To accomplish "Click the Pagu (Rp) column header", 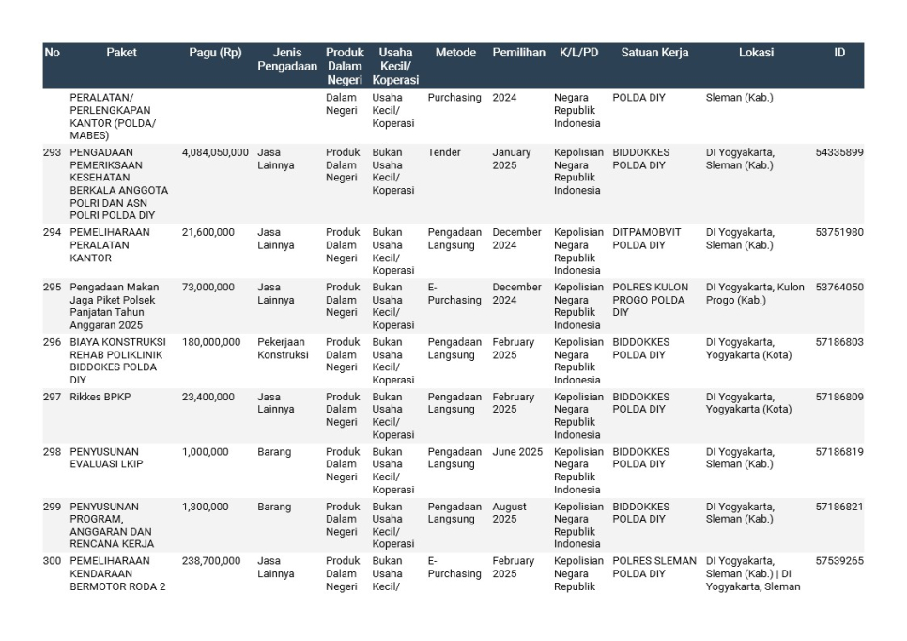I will (x=215, y=53).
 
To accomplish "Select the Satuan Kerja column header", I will (x=654, y=53).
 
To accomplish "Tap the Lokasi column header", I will (x=756, y=53).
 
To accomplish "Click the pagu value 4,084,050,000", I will (x=215, y=152).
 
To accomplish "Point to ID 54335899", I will (x=839, y=152).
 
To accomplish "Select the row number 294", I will (x=53, y=232).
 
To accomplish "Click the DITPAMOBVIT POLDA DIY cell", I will (x=647, y=239).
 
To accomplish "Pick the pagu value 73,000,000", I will (x=208, y=288).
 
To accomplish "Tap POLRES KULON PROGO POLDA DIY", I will (x=651, y=300).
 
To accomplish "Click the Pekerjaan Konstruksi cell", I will (x=283, y=349).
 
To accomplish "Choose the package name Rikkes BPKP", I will (x=100, y=398).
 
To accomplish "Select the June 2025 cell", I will (x=517, y=452).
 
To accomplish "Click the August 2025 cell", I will (x=510, y=513).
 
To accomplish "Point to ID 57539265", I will (x=839, y=561).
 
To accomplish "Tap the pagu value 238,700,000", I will (x=211, y=561).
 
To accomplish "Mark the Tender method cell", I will (x=444, y=152).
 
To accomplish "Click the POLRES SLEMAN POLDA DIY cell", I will (x=654, y=568).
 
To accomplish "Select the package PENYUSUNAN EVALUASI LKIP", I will (x=107, y=458).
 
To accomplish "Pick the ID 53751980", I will (x=839, y=232).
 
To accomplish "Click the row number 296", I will (x=53, y=342).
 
